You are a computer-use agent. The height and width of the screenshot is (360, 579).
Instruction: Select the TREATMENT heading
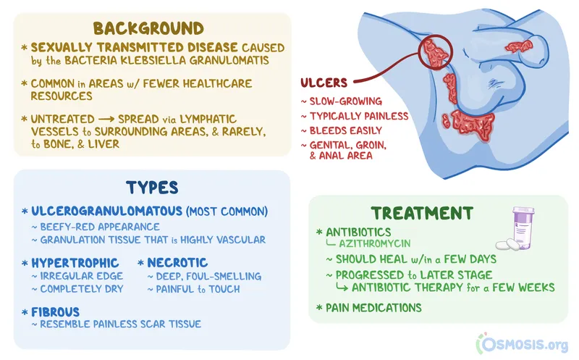click(422, 213)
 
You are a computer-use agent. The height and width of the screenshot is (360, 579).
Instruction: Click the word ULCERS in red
click(324, 83)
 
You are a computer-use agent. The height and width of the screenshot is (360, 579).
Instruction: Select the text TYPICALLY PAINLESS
click(359, 116)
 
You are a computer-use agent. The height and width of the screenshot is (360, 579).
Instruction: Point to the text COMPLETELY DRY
click(83, 289)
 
